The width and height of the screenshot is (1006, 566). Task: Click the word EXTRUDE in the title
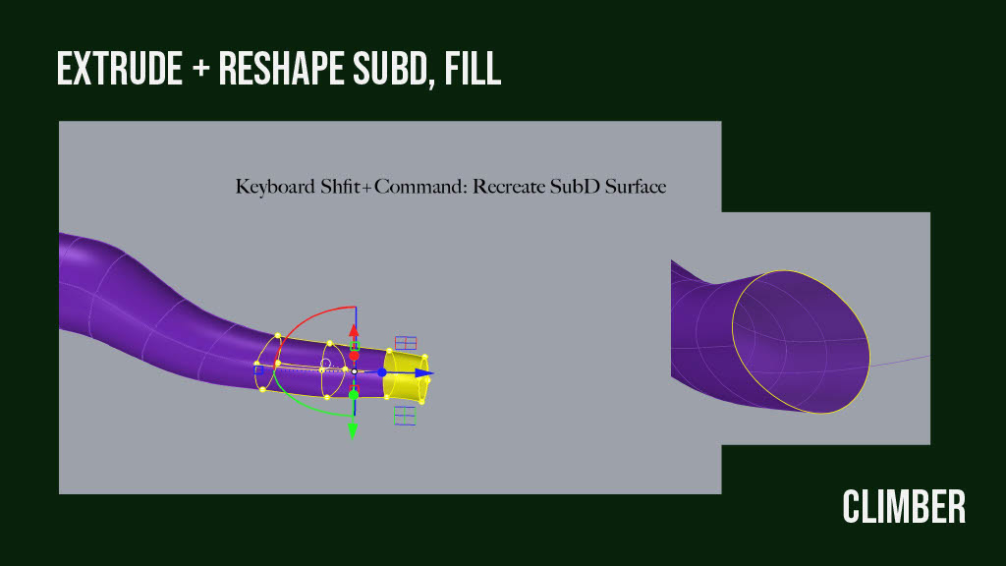point(118,70)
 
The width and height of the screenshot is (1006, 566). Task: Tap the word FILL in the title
point(474,70)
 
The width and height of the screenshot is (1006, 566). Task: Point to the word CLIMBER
point(904,508)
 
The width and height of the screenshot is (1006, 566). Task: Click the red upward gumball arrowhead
point(354,330)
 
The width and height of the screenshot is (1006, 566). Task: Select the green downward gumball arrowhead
point(354,429)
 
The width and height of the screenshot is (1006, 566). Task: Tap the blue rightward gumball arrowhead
point(422,373)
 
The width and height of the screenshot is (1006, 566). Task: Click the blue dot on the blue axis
point(382,372)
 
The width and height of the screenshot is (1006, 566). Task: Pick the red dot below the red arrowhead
point(354,356)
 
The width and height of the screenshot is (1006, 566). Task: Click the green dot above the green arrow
point(354,395)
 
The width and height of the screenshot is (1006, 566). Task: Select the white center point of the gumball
point(354,371)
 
